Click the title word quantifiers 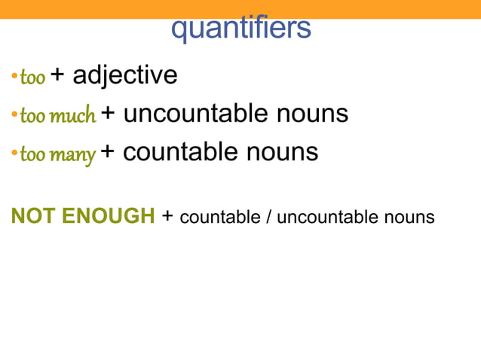[240, 29]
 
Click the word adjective [125, 75]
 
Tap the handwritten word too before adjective [32, 77]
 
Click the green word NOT [33, 216]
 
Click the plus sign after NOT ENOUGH [167, 217]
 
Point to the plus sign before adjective [58, 75]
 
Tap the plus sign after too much [109, 114]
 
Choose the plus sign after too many [108, 152]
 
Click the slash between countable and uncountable [269, 217]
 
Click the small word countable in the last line [222, 217]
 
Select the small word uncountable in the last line [317, 217]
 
